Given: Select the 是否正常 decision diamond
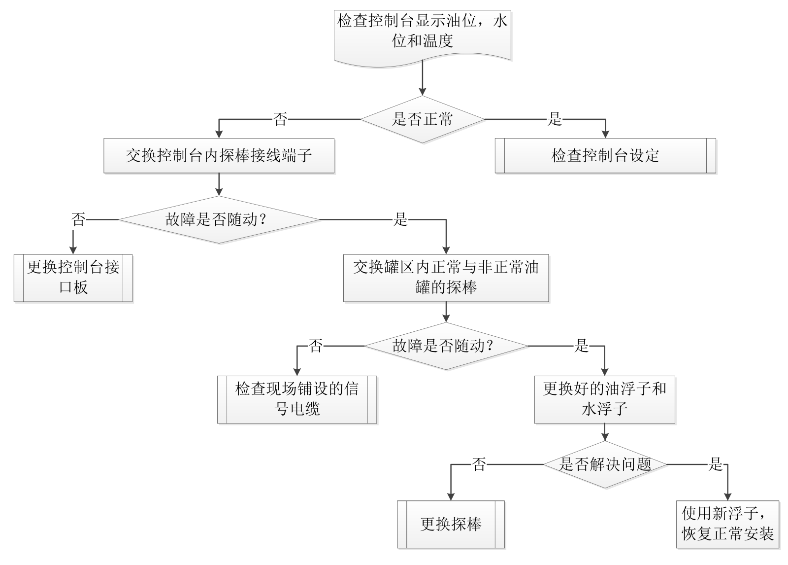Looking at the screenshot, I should click(x=422, y=119).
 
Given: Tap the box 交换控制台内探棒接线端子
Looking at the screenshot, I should click(x=219, y=156).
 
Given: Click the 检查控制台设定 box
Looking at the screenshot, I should click(x=605, y=156).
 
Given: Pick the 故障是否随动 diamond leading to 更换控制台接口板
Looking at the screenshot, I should click(x=219, y=219).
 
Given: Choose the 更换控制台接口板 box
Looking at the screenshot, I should click(x=73, y=278).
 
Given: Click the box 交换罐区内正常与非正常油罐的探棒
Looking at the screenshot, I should click(x=446, y=278).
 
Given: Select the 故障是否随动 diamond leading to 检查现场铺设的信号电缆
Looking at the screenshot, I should click(x=446, y=346).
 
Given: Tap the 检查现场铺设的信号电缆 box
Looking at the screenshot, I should click(x=297, y=399).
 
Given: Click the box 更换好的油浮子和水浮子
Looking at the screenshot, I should click(x=604, y=399).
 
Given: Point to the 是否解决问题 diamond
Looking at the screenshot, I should click(x=605, y=464).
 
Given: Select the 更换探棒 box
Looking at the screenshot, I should click(x=451, y=525).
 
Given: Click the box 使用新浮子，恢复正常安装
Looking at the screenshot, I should click(x=727, y=525).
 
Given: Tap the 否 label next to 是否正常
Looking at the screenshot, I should click(x=280, y=119).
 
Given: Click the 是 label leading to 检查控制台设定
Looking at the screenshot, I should click(x=555, y=119).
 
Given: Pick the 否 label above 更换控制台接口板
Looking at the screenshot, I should click(x=78, y=219).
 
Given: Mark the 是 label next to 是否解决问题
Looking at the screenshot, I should click(x=715, y=464).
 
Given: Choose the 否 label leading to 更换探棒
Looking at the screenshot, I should click(x=479, y=464).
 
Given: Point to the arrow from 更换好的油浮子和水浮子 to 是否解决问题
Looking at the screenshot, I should click(x=605, y=432).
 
